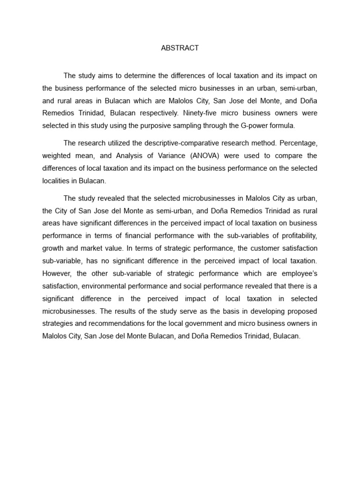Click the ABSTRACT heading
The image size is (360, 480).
[180, 48]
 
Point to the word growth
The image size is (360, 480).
[52, 248]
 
